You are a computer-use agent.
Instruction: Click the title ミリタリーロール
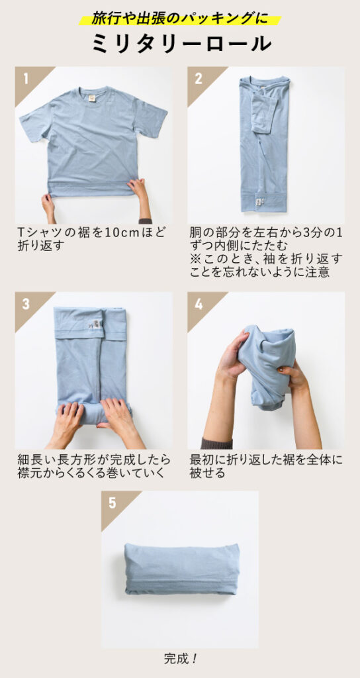click(180, 43)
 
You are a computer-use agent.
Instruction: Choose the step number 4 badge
click(199, 304)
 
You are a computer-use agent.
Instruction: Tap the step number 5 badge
click(112, 503)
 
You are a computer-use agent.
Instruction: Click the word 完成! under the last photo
click(180, 659)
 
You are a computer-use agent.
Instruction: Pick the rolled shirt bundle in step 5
click(180, 570)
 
